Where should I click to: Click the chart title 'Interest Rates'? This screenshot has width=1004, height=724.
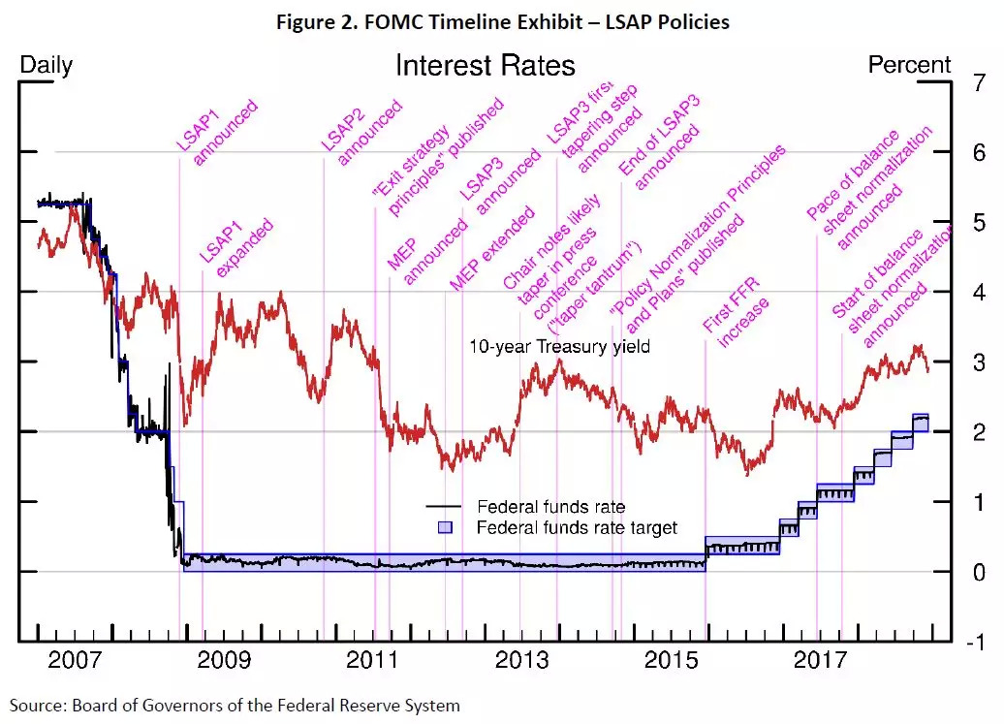pyautogui.click(x=485, y=66)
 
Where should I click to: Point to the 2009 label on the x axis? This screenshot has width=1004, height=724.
pyautogui.click(x=224, y=661)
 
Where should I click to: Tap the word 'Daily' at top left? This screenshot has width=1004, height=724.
pyautogui.click(x=47, y=66)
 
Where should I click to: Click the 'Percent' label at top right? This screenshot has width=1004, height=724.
pyautogui.click(x=909, y=65)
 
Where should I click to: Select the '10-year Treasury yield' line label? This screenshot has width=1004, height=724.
pyautogui.click(x=559, y=346)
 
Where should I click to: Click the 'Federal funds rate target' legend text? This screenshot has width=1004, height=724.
pyautogui.click(x=577, y=528)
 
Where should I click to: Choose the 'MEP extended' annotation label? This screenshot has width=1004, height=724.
pyautogui.click(x=491, y=247)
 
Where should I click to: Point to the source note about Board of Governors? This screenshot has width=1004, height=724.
pyautogui.click(x=235, y=705)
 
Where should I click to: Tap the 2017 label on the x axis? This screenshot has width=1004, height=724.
pyautogui.click(x=820, y=661)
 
